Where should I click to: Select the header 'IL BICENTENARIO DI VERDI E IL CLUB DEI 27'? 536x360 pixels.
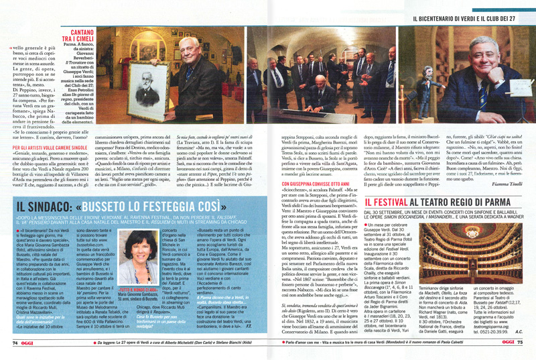pos(470,18)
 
